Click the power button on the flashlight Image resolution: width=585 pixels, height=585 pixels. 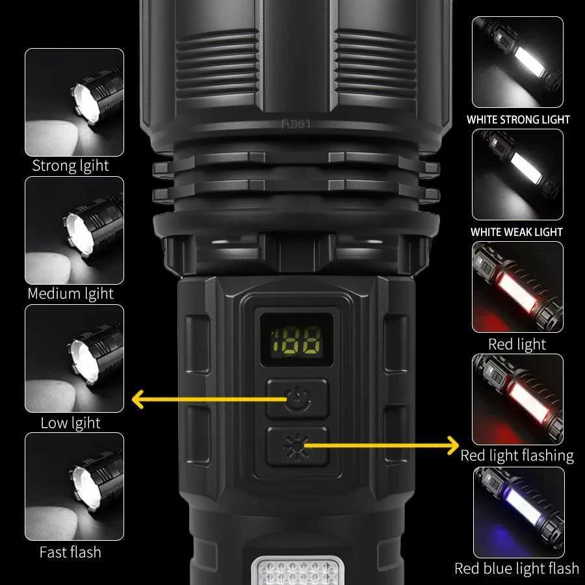(x=298, y=398)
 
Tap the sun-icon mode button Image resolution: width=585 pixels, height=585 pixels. (x=298, y=446)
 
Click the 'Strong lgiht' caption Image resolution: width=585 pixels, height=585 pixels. (x=71, y=166)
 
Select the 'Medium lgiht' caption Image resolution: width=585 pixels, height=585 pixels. (x=71, y=294)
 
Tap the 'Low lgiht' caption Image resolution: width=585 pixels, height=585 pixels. (x=71, y=422)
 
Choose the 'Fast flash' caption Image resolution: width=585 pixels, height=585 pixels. (x=71, y=552)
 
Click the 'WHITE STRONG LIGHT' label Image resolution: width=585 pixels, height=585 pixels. (x=518, y=120)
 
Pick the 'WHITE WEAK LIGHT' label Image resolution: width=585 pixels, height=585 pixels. (x=517, y=232)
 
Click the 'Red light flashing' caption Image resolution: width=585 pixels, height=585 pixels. (x=517, y=456)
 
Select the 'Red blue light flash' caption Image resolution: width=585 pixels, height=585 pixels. (x=517, y=569)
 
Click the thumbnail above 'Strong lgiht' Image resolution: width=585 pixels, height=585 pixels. (x=74, y=102)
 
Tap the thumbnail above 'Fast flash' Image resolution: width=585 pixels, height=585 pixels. (x=74, y=486)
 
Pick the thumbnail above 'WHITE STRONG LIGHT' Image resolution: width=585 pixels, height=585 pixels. (x=517, y=62)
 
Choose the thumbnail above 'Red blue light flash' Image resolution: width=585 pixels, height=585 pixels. (x=517, y=512)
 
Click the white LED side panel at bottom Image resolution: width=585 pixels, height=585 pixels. (x=297, y=571)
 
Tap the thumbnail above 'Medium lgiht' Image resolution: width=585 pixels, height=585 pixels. (x=74, y=230)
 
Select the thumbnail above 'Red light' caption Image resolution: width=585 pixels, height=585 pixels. (x=517, y=287)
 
